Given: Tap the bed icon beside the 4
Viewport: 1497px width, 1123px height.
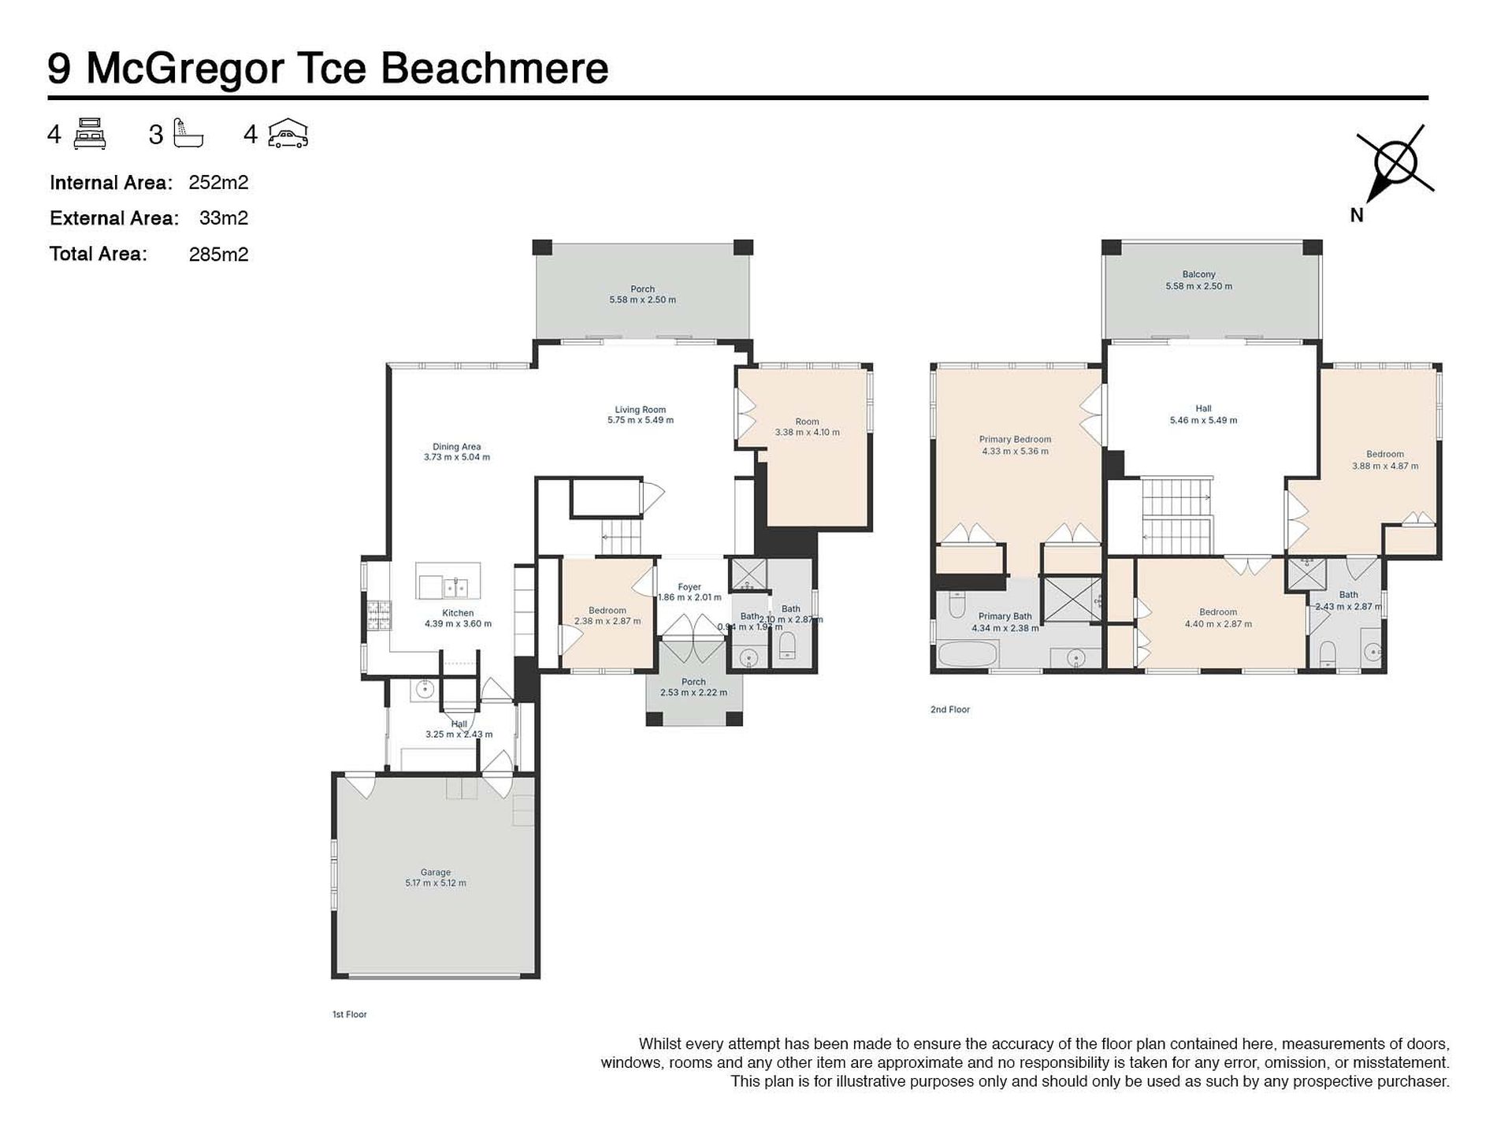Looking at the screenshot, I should [90, 134].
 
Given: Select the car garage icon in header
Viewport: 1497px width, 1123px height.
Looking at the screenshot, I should [288, 134].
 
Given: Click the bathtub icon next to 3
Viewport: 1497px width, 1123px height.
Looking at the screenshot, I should [188, 134].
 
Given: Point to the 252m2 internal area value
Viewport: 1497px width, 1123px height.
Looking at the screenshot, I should [218, 183].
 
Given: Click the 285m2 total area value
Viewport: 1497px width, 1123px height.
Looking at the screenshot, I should [218, 255].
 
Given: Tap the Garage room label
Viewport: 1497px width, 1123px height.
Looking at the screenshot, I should [435, 873].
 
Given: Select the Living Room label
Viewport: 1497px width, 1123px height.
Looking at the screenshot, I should [640, 410].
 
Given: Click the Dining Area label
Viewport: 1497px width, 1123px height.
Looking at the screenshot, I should [456, 447].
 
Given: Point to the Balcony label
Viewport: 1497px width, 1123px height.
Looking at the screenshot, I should [1198, 274].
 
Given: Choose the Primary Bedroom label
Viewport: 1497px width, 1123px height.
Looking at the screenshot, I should [1015, 440].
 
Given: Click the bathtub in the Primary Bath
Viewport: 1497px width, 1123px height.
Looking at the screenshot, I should [968, 655].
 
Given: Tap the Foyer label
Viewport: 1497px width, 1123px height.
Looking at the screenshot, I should [689, 587].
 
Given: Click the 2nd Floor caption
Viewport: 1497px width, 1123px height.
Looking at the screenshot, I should [949, 710].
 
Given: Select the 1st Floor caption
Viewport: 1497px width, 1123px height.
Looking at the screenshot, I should [349, 1014].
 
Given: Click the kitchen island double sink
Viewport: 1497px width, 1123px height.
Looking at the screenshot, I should [454, 588].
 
